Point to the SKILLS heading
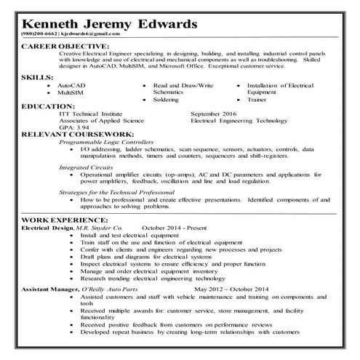pyautogui.click(x=36, y=76)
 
